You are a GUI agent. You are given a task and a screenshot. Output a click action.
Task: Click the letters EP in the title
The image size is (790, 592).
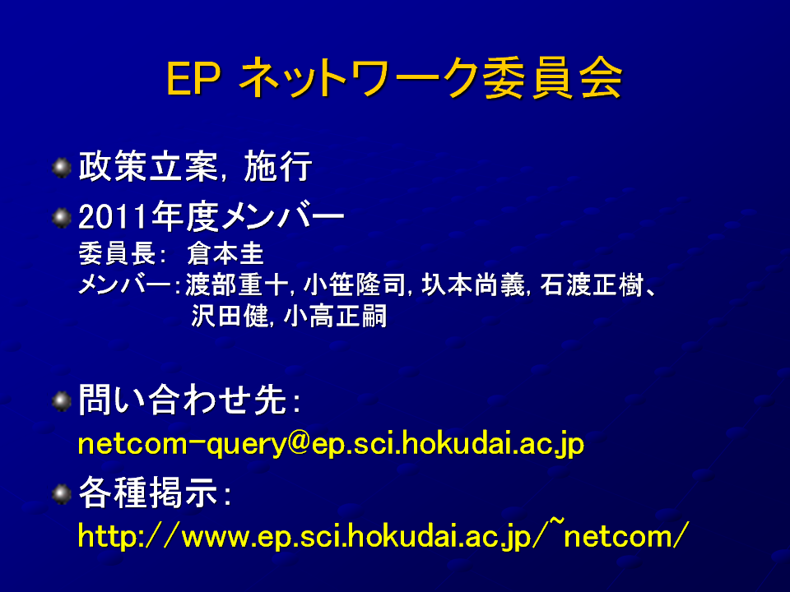click(x=193, y=79)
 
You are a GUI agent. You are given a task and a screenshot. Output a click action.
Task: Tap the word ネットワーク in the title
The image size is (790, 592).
click(x=360, y=78)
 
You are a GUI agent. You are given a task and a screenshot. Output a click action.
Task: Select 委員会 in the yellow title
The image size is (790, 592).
click(x=552, y=78)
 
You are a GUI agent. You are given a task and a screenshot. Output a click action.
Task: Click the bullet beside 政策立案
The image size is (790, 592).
click(x=62, y=168)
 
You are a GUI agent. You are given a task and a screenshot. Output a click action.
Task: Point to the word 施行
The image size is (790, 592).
click(x=278, y=166)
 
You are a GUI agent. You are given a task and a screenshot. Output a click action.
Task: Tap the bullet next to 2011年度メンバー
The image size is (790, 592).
click(x=62, y=218)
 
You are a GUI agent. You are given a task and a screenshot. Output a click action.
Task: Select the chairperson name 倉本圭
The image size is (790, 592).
click(x=225, y=253)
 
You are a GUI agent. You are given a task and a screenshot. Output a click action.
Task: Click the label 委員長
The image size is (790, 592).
click(x=117, y=253)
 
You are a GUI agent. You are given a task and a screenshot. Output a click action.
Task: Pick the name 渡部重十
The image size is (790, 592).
click(x=236, y=285)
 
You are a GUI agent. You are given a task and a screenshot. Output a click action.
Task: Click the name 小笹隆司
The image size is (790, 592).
click(x=354, y=285)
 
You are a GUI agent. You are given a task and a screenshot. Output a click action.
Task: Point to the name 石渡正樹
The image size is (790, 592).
click(x=592, y=285)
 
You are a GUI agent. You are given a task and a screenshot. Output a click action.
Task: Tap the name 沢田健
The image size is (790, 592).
click(x=230, y=316)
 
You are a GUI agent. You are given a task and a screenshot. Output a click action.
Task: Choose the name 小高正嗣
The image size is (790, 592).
click(x=335, y=316)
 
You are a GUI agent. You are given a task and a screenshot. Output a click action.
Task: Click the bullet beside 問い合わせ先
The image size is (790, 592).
click(x=62, y=401)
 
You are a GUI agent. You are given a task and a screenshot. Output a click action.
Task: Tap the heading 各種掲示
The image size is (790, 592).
click(x=147, y=493)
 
